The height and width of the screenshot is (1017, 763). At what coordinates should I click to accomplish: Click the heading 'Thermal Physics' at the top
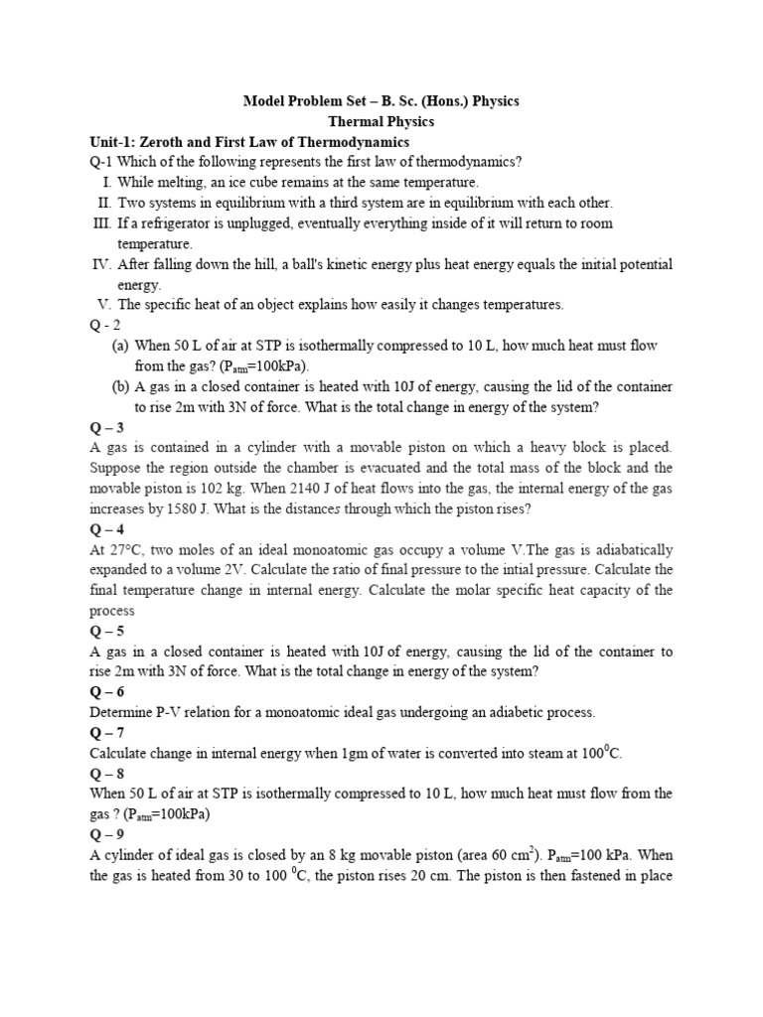click(381, 121)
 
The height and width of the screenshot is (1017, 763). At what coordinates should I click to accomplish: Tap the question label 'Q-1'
click(102, 162)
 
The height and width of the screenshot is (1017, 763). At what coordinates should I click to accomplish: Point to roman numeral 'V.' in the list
click(104, 304)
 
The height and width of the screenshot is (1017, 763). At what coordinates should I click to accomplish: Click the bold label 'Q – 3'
click(107, 427)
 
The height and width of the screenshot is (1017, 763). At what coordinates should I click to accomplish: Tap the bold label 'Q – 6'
click(107, 691)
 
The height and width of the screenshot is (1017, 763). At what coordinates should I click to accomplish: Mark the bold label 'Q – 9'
click(107, 834)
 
